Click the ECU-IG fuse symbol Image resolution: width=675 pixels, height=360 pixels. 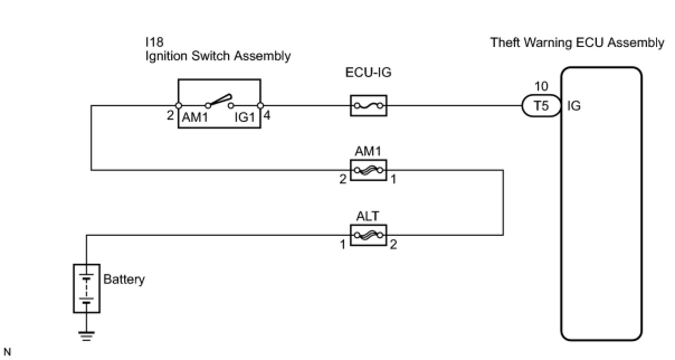click(x=368, y=105)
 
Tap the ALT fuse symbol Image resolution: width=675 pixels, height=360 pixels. click(x=368, y=235)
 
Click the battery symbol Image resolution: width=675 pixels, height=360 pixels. click(x=87, y=288)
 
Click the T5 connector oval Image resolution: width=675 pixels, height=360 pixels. click(x=541, y=106)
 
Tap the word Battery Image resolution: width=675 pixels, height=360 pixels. click(x=124, y=279)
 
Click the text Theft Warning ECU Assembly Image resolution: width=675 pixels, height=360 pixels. click(x=577, y=42)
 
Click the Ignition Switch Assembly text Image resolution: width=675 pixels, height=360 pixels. click(x=218, y=56)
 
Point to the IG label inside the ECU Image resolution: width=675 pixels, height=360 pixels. click(x=574, y=106)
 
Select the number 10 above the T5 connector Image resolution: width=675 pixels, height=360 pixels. click(x=541, y=87)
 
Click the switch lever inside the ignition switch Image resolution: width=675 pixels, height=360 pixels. click(x=220, y=100)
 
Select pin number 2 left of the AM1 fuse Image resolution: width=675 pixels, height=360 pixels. click(x=343, y=179)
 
